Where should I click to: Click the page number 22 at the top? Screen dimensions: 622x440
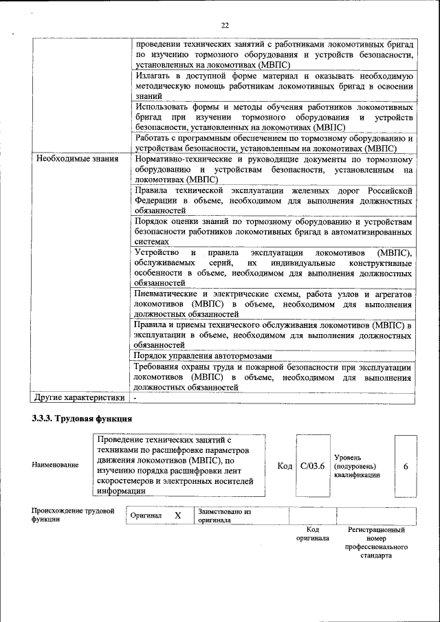tap(224, 25)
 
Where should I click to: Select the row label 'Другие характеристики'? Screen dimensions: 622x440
tap(80, 397)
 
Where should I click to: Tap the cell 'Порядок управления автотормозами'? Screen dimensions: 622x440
tap(203, 356)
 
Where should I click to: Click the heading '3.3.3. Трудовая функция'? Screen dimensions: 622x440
tap(82, 419)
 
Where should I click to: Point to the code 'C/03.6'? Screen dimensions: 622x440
tap(312, 467)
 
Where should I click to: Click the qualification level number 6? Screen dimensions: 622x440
tap(406, 467)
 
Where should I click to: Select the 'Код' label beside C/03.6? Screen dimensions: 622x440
tap(285, 467)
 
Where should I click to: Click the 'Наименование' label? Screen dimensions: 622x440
tap(55, 465)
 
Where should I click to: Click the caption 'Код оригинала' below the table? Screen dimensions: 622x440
tap(312, 534)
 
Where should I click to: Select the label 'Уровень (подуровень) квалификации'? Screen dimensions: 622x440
tap(356, 466)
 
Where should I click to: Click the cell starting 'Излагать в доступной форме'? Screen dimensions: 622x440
tap(274, 87)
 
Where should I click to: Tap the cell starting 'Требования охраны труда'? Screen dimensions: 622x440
tap(274, 377)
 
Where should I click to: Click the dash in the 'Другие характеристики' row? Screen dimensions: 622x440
tap(135, 398)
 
